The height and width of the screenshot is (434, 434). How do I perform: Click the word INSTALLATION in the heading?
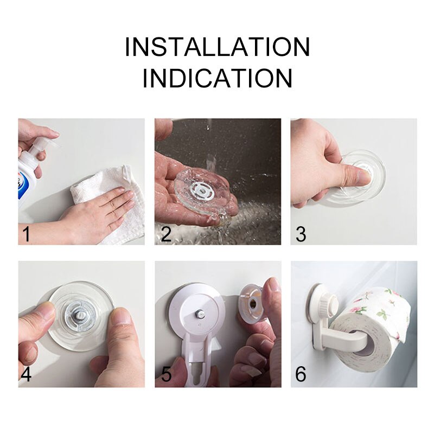(217, 47)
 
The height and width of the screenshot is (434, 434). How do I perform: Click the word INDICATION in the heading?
(217, 78)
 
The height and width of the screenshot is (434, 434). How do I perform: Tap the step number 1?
(26, 234)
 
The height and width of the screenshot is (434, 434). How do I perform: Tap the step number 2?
(167, 234)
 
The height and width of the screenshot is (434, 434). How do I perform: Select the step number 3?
(301, 234)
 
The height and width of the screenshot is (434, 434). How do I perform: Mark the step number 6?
(301, 374)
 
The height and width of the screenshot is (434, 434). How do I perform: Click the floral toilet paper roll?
(374, 320)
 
